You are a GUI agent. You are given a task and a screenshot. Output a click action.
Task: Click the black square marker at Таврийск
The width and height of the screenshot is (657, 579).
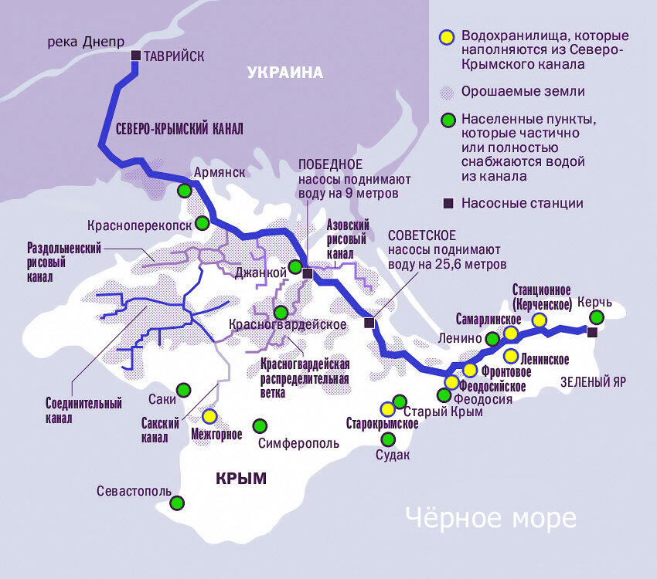[135, 56]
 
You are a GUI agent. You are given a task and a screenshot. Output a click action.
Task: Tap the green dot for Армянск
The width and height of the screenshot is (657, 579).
[185, 190]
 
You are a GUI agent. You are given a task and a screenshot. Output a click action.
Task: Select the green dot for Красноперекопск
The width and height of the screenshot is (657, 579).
[202, 223]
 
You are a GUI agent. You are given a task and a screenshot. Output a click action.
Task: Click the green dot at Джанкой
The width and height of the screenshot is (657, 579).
[295, 267]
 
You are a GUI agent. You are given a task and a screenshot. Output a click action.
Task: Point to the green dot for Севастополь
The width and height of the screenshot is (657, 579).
[177, 503]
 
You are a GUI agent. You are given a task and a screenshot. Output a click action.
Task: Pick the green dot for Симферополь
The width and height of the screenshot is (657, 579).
[260, 426]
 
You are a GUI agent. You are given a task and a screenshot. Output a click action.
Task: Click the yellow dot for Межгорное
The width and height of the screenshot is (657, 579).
[209, 416]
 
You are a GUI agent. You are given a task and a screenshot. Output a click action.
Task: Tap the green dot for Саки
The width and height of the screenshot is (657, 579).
[183, 390]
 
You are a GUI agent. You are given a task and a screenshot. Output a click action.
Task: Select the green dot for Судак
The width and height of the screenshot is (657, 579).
[389, 439]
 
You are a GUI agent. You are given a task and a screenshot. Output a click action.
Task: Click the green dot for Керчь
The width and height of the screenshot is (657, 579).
[596, 317]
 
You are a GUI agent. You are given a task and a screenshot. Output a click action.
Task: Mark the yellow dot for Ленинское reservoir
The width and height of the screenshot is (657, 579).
[511, 356]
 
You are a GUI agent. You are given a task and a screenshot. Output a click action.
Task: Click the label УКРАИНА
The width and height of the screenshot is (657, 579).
[284, 73]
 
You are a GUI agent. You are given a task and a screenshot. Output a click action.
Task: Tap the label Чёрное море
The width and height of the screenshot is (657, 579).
[491, 518]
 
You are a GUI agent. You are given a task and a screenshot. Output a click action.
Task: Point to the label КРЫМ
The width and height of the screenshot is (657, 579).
[240, 479]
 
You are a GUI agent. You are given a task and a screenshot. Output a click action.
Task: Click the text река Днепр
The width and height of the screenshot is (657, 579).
[86, 42]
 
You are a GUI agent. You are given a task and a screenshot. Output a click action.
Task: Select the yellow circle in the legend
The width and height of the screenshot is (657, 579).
[445, 36]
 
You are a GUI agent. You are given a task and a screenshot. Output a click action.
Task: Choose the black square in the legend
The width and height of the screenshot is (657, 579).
[447, 204]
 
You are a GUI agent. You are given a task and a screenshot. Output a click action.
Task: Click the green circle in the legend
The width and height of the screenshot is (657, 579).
[447, 120]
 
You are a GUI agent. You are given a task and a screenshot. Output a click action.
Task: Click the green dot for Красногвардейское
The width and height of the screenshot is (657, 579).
[281, 313]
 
